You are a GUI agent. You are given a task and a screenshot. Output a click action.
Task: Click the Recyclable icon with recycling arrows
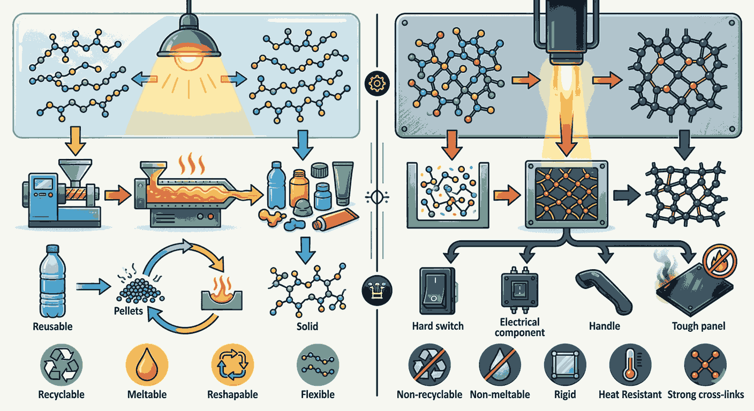click(x=61, y=365)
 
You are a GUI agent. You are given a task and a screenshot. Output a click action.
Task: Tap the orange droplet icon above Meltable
click(x=147, y=365)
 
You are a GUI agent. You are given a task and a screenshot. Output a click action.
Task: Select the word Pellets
click(x=128, y=310)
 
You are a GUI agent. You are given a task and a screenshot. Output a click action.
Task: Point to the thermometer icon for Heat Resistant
click(x=630, y=365)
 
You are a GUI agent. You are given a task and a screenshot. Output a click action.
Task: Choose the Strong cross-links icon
click(x=706, y=365)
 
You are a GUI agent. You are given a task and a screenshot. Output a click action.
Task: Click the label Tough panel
click(x=698, y=326)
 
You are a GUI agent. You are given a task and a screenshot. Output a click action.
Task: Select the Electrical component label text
click(x=519, y=327)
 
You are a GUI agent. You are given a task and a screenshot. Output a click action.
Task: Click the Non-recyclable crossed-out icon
click(x=429, y=365)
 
